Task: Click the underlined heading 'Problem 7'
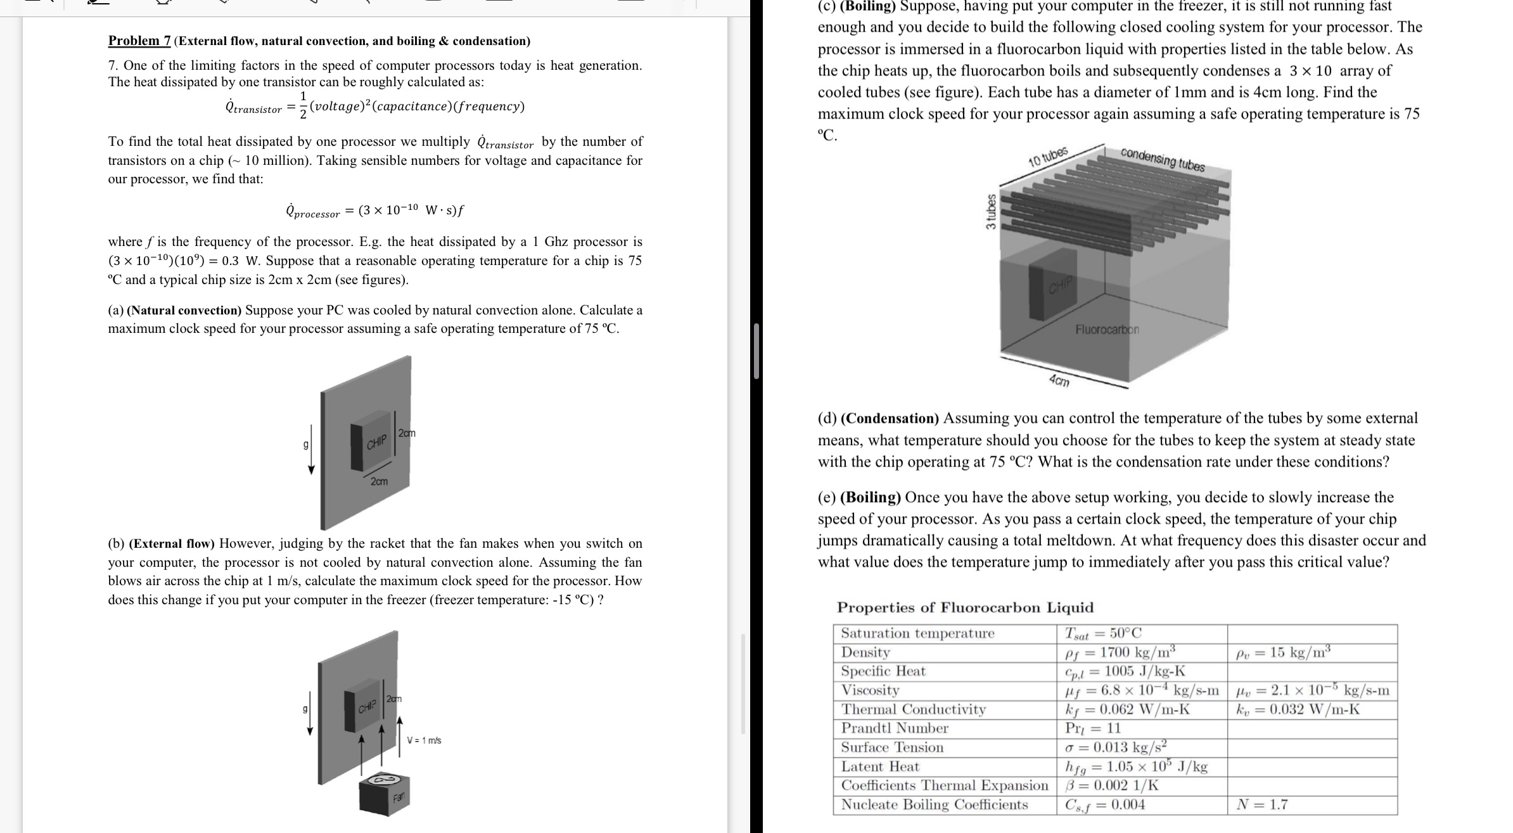139,41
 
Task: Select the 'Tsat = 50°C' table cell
1103,633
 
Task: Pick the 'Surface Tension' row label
892,747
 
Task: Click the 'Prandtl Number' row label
894,728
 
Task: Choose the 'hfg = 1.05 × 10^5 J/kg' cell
1136,767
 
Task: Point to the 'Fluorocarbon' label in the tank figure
1107,330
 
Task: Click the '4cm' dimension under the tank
1059,381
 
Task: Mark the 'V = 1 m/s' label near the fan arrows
424,740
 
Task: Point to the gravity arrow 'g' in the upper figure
310,456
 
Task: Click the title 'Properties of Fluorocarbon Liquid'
965,608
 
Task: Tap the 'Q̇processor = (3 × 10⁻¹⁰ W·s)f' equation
375,210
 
